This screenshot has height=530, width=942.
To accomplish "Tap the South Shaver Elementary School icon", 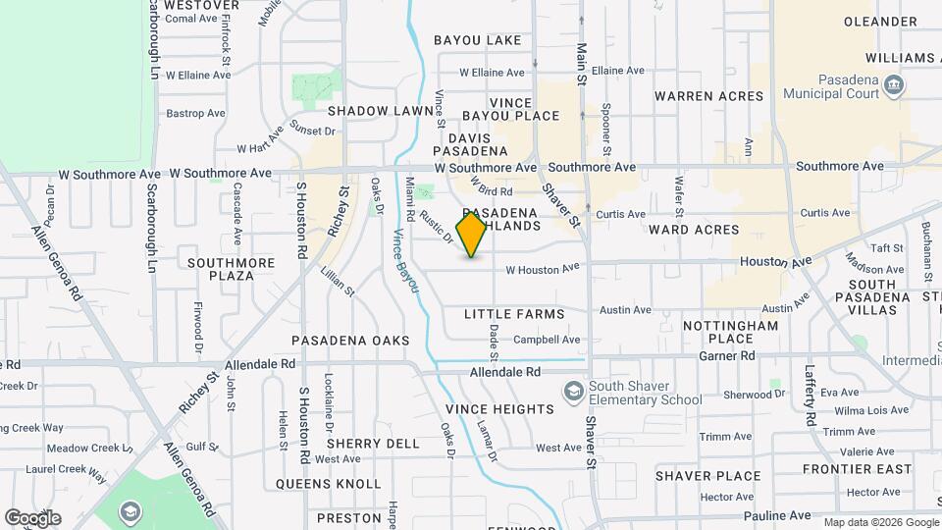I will (572, 392).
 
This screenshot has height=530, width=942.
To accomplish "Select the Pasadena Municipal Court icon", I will (894, 84).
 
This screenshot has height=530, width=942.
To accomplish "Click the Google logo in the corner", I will (32, 518).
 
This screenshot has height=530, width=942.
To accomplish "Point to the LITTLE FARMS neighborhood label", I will (514, 314).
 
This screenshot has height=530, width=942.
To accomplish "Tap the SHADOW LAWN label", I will (381, 111).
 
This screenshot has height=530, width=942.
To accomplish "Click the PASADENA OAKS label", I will (350, 340).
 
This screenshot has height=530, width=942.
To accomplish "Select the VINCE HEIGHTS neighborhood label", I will (499, 408).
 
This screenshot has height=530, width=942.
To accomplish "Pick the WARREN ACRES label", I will (708, 96).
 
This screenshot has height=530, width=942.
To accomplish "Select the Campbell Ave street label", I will (547, 340).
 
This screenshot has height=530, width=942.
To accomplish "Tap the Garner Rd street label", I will (734, 355).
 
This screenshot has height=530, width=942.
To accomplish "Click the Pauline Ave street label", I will (777, 515).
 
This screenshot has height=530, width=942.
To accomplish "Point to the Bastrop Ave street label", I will (189, 114).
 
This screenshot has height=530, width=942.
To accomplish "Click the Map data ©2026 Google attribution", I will (880, 522).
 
